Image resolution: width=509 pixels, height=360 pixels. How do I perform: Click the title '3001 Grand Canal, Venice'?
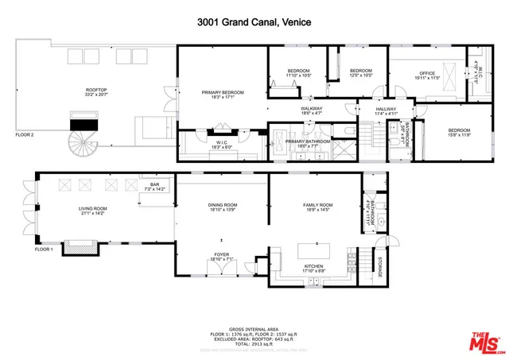pos(254,25)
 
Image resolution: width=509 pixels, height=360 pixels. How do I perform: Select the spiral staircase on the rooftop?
pos(83,144)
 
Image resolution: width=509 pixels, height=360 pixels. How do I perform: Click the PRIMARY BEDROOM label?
pos(222,95)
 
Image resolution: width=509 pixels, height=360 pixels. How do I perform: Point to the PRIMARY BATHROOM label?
pos(301,143)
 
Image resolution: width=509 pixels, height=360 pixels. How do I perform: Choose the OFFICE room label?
pos(428,75)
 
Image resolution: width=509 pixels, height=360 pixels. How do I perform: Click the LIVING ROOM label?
pos(92,210)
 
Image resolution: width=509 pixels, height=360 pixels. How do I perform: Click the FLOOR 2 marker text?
pos(25,135)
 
